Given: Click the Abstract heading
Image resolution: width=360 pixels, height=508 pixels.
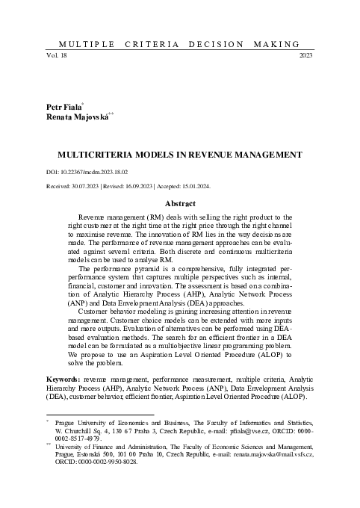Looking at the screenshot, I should coord(180,204).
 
